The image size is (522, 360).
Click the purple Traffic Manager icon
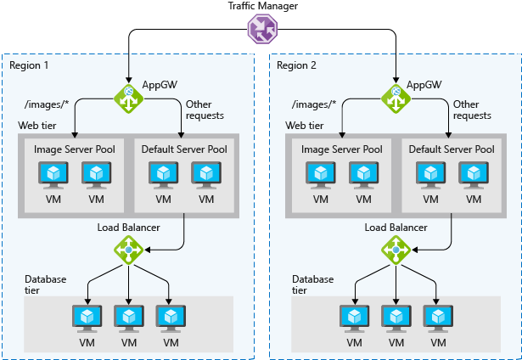pos(261,30)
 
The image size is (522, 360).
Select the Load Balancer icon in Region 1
pos(128,250)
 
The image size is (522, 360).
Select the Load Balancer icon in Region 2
pos(395,250)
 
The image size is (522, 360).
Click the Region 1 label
pos(29,65)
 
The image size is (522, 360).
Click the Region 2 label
pos(295,65)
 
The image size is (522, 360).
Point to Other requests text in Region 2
pos(472,110)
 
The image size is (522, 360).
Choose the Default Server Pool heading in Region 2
pos(452,149)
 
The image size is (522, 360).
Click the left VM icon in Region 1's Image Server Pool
pos(54,174)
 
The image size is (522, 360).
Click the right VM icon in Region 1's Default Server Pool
pos(205,174)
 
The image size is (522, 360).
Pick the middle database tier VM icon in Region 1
pos(128,317)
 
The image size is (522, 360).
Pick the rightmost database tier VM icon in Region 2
pos(438,317)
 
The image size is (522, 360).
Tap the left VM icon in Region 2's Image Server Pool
pos(321,174)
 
